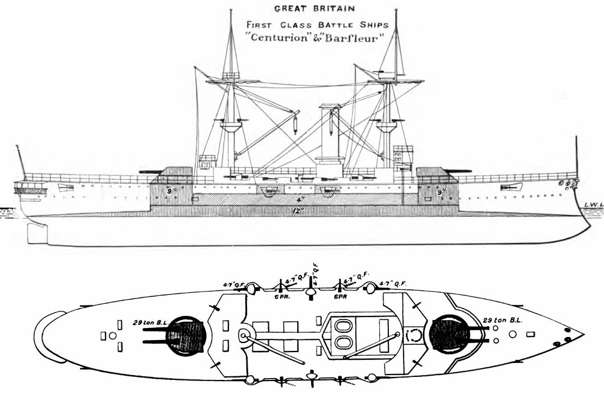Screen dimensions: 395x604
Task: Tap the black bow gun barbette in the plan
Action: pyautogui.click(x=448, y=334)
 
